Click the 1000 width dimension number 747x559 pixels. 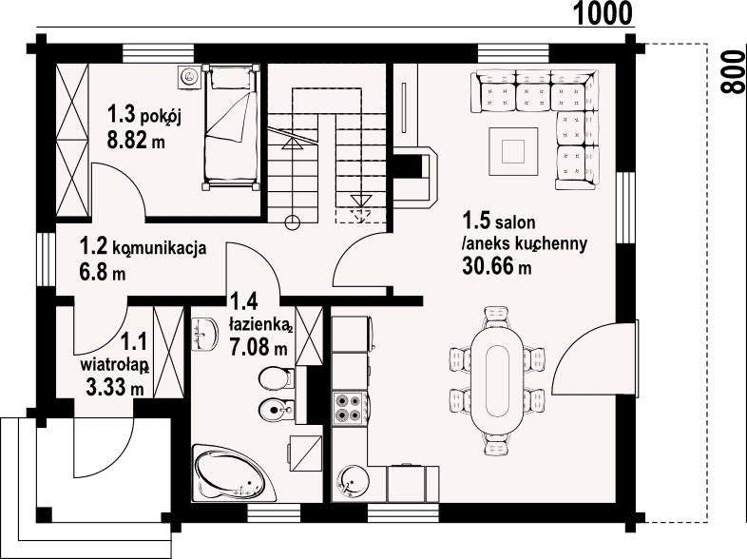point(603,12)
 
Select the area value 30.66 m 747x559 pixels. point(496,266)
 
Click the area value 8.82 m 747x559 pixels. point(136,140)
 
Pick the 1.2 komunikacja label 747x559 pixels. point(143,248)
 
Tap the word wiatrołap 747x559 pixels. point(114,365)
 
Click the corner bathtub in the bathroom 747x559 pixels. point(235,472)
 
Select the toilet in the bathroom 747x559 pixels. point(276,379)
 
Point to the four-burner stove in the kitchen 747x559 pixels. point(349,409)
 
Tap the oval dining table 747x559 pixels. point(498,380)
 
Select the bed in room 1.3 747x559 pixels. point(231,126)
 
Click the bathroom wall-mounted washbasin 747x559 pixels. point(204,334)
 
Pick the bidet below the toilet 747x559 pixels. point(276,408)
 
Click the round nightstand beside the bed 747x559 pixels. point(189,77)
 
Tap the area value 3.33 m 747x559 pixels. point(115,387)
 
